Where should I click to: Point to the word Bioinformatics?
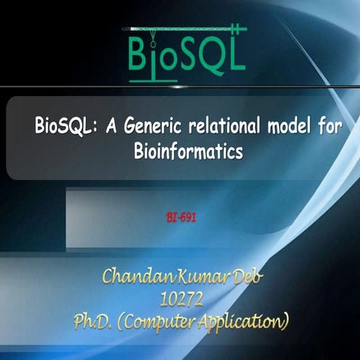[x=188, y=150]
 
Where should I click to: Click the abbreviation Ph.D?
[x=94, y=323]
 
